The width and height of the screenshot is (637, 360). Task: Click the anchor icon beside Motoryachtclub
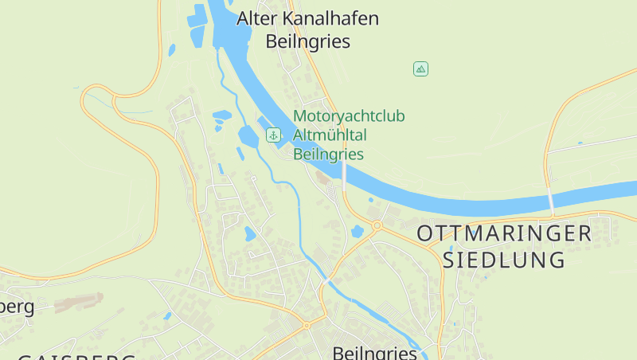pos(273,135)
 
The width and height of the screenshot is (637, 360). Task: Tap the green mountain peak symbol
pos(420,69)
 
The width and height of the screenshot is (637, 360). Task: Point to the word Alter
pos(257,18)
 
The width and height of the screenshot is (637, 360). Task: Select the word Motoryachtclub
pos(349,116)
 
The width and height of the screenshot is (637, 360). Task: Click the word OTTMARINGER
pos(504,233)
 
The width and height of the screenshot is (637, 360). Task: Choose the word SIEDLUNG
pos(504,260)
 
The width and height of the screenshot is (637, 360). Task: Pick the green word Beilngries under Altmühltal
pos(328,155)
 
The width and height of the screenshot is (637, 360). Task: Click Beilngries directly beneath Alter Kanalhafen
pos(308,41)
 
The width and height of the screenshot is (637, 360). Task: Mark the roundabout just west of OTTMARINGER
pos(377,225)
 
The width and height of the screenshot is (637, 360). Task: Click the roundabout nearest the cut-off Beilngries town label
pos(306,325)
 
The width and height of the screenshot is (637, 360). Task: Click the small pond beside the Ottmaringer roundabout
pos(357,232)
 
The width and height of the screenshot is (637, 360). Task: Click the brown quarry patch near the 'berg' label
pos(80,302)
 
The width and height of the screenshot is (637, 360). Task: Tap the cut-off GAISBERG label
pos(76,356)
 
